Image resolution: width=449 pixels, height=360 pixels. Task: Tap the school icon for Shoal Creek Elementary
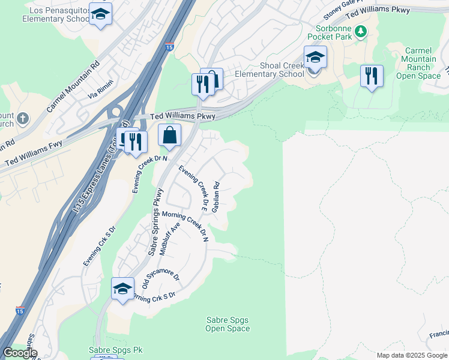(315, 58)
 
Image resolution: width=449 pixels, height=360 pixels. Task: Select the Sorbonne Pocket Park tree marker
(360, 31)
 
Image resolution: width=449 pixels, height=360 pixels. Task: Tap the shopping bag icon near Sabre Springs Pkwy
(170, 136)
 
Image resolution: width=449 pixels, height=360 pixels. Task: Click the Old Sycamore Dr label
(161, 276)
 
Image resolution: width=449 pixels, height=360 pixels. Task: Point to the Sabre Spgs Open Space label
(228, 324)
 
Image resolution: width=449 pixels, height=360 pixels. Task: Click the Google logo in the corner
(20, 353)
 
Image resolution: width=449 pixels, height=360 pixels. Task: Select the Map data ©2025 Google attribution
(412, 355)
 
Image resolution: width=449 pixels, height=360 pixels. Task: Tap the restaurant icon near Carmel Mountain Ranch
(372, 76)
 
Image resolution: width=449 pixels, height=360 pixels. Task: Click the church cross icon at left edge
(23, 118)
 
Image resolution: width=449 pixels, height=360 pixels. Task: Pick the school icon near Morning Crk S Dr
(122, 289)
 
